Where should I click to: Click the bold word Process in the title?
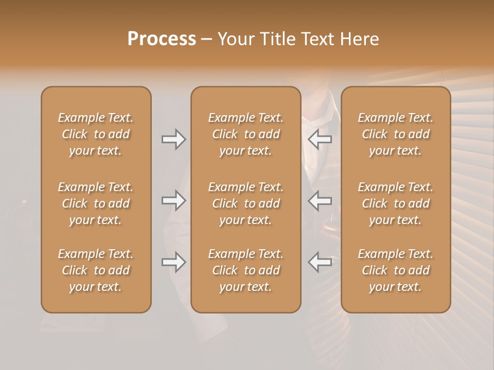coord(162,39)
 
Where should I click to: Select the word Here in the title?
coord(360,39)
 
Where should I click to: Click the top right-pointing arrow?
coord(173,139)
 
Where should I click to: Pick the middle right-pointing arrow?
coord(173,200)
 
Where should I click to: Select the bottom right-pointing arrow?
coord(173,262)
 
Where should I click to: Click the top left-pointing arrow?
coord(320,139)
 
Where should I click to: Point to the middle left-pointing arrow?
coord(320,200)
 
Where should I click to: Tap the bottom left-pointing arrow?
coord(320,262)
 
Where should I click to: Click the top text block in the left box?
coord(96,134)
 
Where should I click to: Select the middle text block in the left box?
coord(96,203)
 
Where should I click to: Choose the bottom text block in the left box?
coord(96,270)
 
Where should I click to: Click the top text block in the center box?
coord(245,134)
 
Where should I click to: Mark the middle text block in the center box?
coord(245,203)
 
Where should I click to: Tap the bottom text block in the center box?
coord(245,270)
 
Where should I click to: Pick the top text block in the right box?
coord(396,134)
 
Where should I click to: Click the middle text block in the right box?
coord(396,203)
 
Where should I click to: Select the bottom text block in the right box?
coord(396,270)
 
